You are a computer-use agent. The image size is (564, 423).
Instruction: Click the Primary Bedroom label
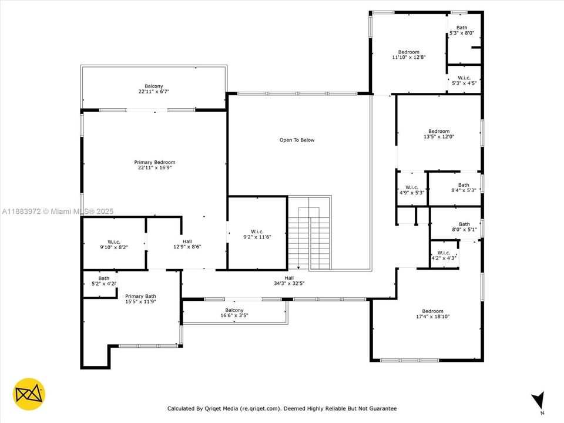[x=155, y=165]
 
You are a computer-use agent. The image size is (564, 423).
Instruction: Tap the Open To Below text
[x=297, y=140]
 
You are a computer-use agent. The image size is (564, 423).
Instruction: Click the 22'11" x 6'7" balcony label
[x=154, y=89]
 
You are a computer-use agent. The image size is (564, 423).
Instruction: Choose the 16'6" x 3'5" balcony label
[x=234, y=313]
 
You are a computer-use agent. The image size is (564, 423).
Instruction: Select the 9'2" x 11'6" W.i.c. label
[x=257, y=234]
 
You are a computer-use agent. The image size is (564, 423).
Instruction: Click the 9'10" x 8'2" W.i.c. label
[x=113, y=244]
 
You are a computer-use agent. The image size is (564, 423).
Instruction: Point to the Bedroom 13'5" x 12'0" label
[x=438, y=134]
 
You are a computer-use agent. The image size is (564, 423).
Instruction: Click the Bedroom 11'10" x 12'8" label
[x=408, y=55]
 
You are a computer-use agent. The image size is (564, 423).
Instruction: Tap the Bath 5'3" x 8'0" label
[x=462, y=30]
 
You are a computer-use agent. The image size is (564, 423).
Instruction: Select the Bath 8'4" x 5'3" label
[x=464, y=187]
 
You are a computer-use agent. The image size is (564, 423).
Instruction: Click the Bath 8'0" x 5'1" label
[x=464, y=227]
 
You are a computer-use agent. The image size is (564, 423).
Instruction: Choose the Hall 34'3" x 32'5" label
[x=289, y=281]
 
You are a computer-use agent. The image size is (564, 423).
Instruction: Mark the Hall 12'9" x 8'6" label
[x=186, y=244]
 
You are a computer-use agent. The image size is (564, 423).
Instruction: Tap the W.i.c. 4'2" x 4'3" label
[x=444, y=256]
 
